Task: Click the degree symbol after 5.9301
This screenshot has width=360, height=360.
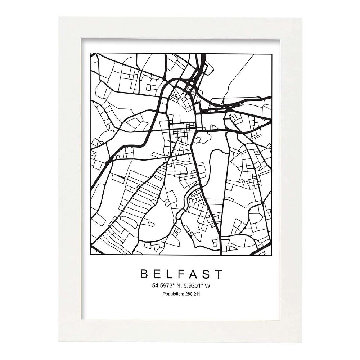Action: [201, 285]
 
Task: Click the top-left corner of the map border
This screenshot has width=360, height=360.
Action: [90, 53]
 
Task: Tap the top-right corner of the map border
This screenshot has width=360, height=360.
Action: [272, 53]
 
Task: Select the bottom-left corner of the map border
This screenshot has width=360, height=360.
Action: [90, 255]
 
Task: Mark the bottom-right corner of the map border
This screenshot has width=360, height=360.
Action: [272, 255]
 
